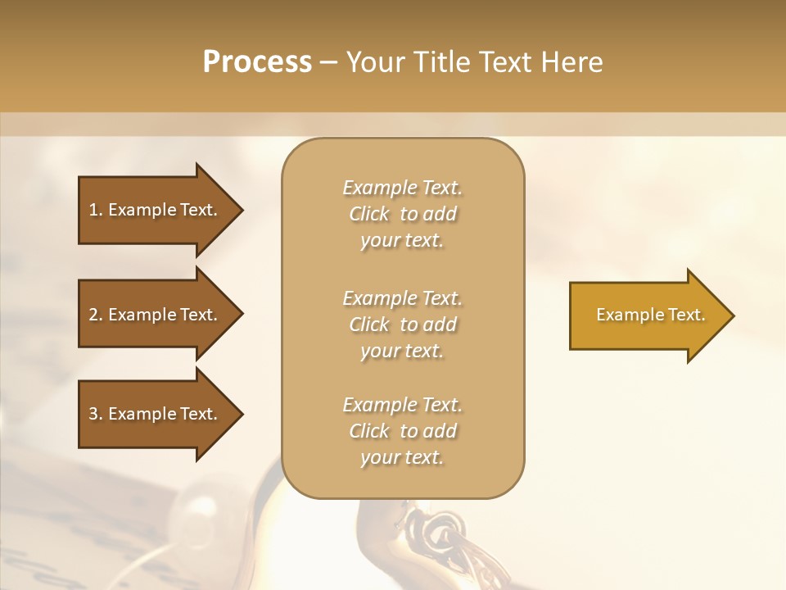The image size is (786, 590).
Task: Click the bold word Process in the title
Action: [x=257, y=62]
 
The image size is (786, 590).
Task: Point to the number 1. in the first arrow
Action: [x=96, y=210]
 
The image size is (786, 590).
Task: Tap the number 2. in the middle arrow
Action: [x=96, y=315]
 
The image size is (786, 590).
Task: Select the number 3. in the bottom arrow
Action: [x=96, y=414]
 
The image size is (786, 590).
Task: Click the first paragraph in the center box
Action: [x=402, y=214]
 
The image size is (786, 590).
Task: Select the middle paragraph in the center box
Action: [x=402, y=324]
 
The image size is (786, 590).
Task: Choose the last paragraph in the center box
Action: [x=402, y=431]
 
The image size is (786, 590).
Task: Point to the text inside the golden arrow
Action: [x=650, y=315]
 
